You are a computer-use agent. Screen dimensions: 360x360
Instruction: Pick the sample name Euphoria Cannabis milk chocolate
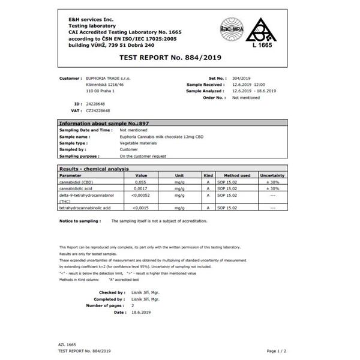(161, 137)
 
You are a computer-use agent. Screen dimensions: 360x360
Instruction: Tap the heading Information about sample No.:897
(103, 123)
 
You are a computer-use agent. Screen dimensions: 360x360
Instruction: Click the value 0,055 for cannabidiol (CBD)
(141, 181)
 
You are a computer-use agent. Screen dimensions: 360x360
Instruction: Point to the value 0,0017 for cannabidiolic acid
(141, 188)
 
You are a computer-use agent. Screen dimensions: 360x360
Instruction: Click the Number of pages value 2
(133, 305)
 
